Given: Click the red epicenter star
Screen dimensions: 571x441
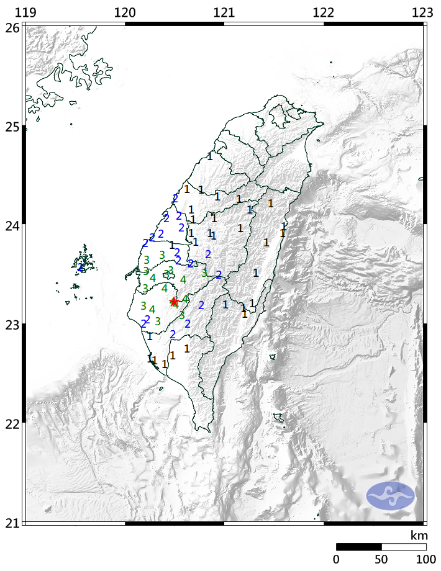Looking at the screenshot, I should [x=174, y=302].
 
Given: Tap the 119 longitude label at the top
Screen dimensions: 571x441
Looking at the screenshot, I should [x=25, y=12].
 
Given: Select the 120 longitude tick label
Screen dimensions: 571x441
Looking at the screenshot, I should [x=125, y=12].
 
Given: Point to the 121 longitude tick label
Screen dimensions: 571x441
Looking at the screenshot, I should [x=224, y=12].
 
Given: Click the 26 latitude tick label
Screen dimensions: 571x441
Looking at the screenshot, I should [x=12, y=27].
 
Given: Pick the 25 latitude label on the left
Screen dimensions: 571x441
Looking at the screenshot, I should [x=12, y=127].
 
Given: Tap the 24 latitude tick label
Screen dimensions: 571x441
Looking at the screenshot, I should [x=12, y=225].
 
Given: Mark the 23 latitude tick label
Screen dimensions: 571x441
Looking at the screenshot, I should [x=12, y=324].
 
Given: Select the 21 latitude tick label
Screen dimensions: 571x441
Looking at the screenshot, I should [x=12, y=522].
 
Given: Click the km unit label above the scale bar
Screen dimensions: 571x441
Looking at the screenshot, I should [x=418, y=535].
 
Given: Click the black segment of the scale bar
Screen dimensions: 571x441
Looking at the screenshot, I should [x=358, y=547].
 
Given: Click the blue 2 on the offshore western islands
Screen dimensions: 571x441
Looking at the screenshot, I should [x=81, y=268].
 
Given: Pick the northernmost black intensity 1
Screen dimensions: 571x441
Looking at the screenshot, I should [x=210, y=156].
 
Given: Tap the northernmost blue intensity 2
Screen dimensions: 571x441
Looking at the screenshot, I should [x=175, y=199].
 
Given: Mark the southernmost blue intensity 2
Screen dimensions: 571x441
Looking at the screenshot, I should [x=173, y=335].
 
